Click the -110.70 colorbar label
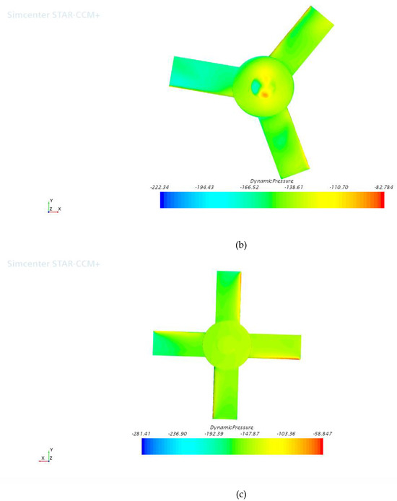(x=331, y=187)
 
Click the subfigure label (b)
(x=241, y=245)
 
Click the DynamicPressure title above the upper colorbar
(x=270, y=180)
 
